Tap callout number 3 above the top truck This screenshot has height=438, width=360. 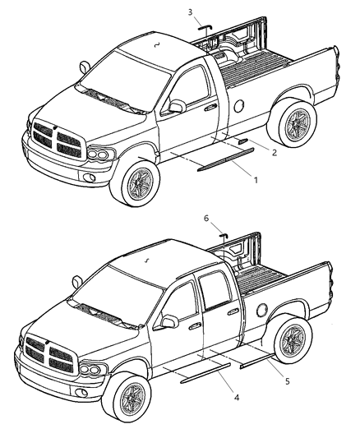[190, 12]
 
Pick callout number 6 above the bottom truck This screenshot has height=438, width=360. [206, 219]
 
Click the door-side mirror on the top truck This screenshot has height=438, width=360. [176, 107]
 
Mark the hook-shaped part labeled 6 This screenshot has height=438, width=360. [223, 237]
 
